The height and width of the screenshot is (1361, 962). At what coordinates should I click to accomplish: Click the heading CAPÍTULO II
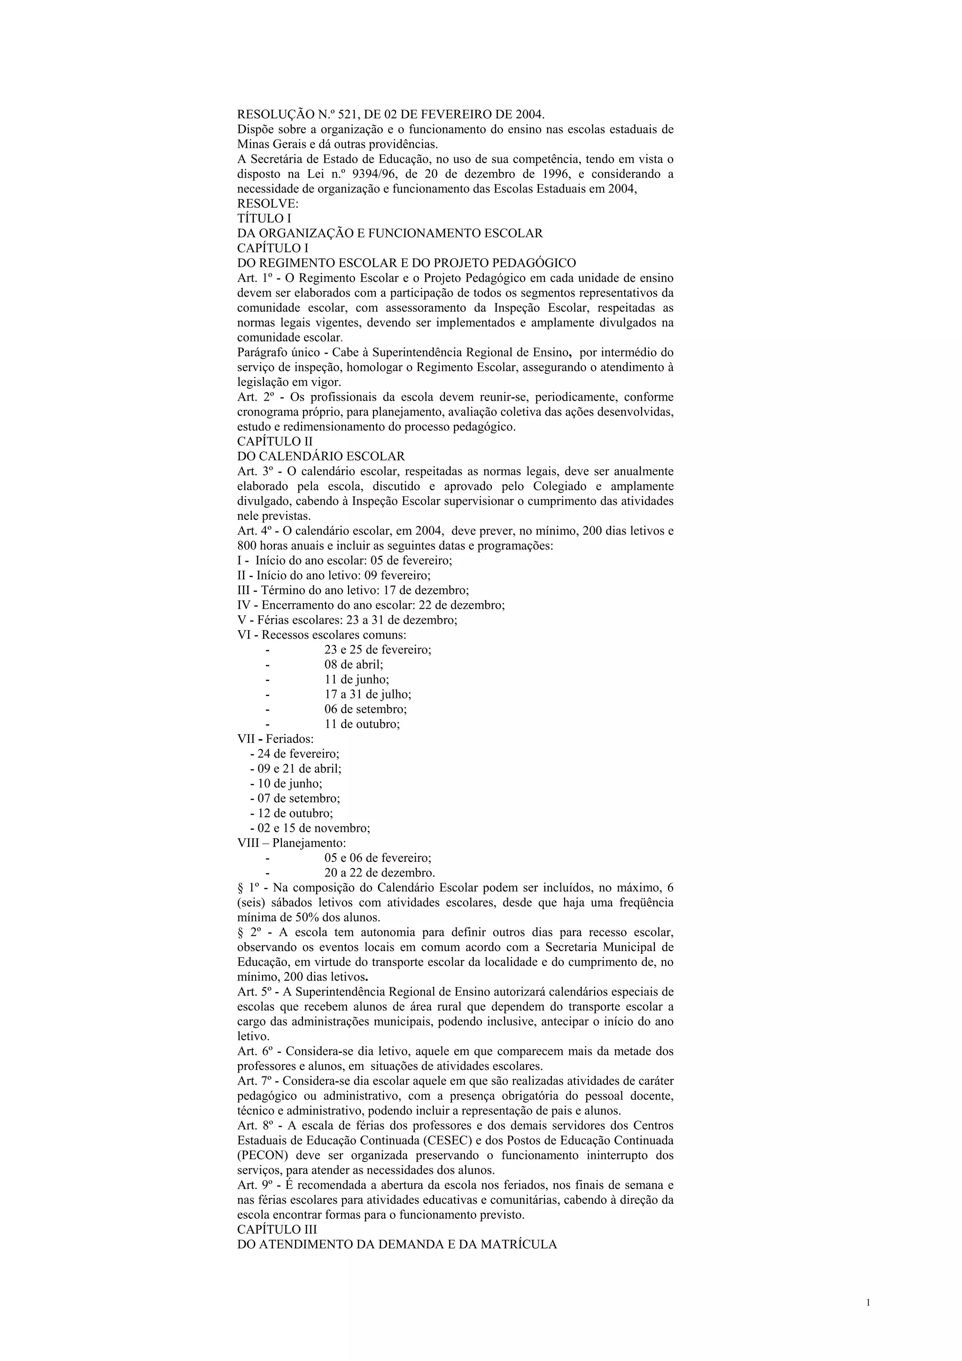point(274,441)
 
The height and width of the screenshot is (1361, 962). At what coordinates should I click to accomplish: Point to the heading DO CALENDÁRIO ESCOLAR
point(321,456)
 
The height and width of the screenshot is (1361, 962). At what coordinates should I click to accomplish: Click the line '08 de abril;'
point(353,665)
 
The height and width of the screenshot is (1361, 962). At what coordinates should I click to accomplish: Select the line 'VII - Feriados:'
point(276,739)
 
